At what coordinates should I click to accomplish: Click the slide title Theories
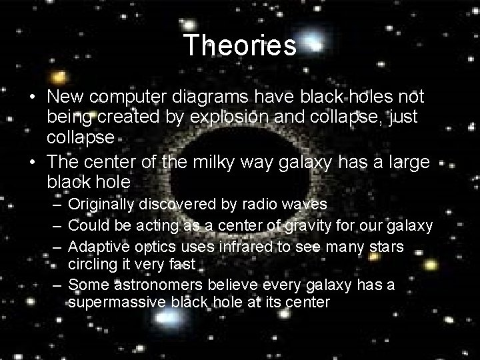(x=239, y=45)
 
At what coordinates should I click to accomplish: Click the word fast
(x=181, y=264)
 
